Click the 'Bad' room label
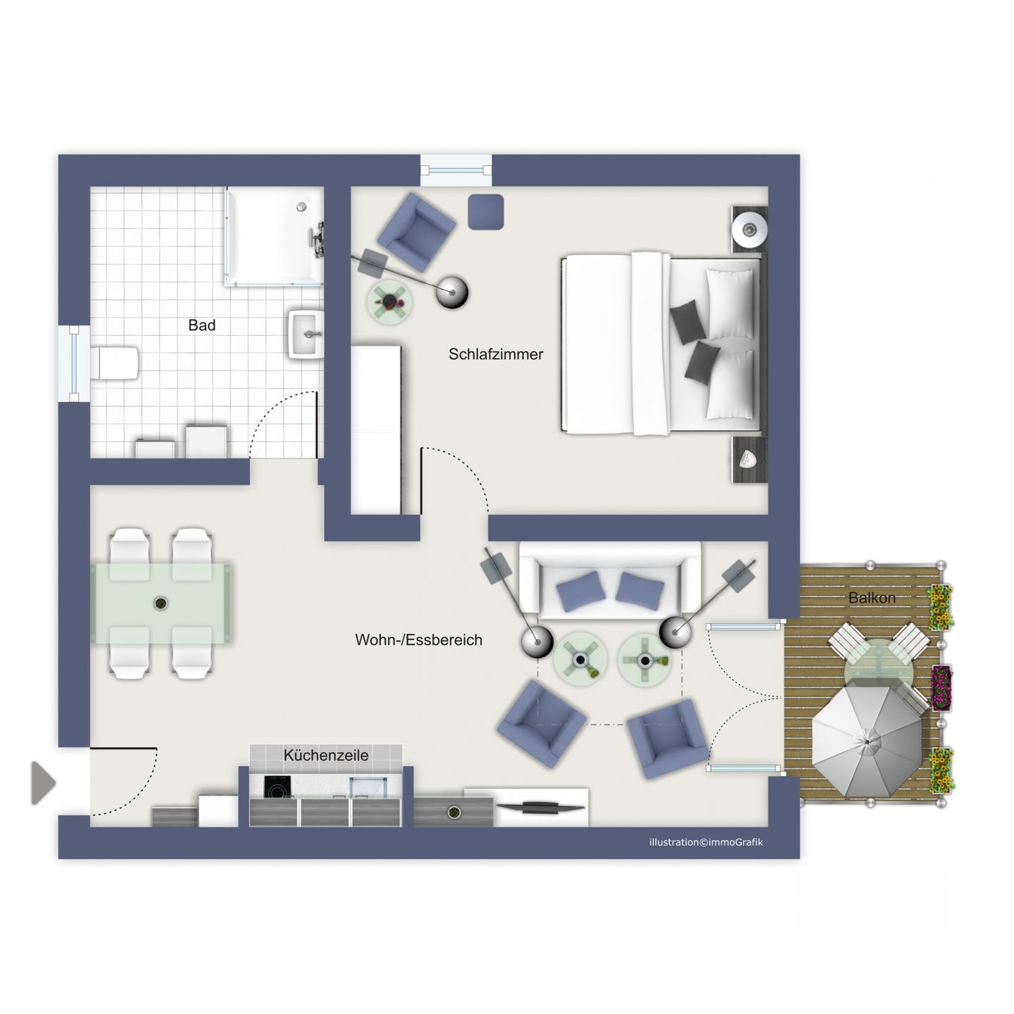(x=201, y=325)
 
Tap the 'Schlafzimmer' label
(x=496, y=354)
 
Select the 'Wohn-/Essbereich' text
(x=419, y=640)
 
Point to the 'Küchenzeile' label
(x=326, y=755)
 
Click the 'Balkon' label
(x=872, y=598)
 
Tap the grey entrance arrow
(x=44, y=783)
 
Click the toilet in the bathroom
(x=114, y=362)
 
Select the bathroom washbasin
(x=304, y=334)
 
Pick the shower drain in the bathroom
(x=301, y=207)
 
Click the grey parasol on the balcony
(x=868, y=741)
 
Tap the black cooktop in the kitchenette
(x=278, y=787)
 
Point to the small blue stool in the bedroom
(x=486, y=212)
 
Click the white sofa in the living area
(x=610, y=581)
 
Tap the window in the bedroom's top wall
(x=456, y=170)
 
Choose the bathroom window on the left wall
(x=74, y=363)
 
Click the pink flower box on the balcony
(x=942, y=688)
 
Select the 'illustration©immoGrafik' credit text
(x=706, y=842)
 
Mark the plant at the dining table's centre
(x=161, y=603)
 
